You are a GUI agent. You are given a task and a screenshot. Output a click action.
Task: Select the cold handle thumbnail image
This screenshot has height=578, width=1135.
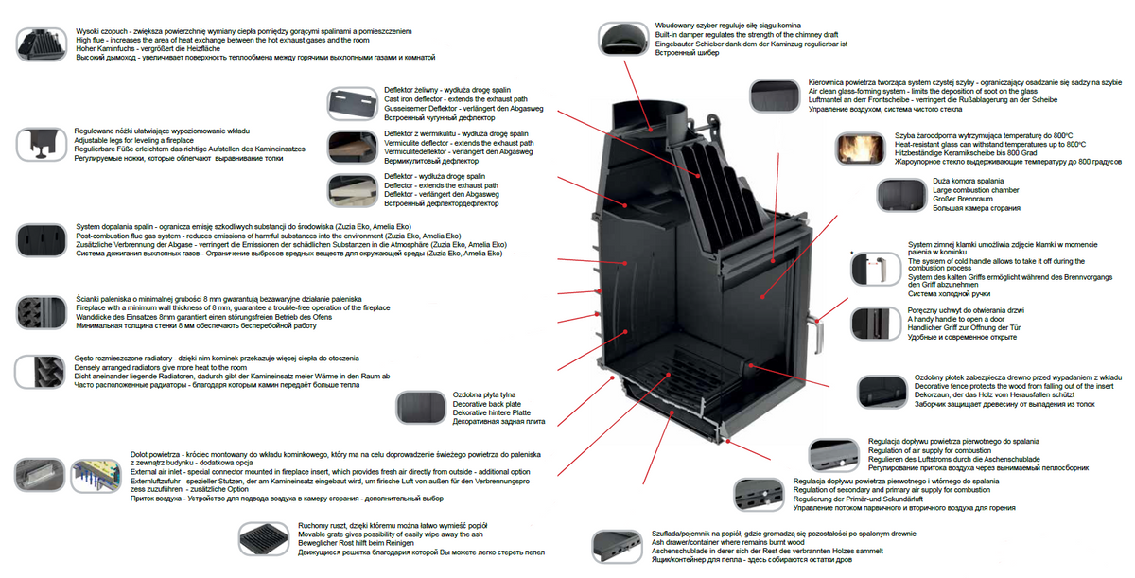point(871,269)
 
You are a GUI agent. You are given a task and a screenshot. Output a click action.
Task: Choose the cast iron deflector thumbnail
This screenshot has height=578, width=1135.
point(352,101)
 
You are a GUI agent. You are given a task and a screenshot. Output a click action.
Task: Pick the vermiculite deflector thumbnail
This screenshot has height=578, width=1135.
point(352,146)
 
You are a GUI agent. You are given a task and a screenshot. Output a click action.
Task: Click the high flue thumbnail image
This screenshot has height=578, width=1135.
point(42,44)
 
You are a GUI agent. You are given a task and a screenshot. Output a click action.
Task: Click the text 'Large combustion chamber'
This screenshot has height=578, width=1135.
point(975,190)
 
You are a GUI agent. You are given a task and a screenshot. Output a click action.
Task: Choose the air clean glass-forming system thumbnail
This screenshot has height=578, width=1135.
point(776,95)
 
